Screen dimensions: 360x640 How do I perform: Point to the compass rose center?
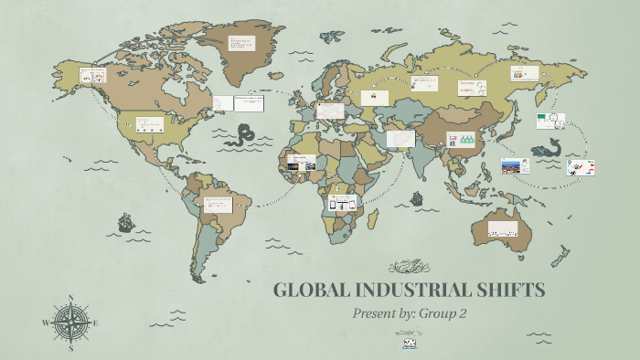[x=71, y=323]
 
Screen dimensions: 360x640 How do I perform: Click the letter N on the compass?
[x=71, y=298]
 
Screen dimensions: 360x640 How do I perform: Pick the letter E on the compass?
[x=96, y=323]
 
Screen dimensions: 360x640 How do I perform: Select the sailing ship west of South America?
[x=124, y=222]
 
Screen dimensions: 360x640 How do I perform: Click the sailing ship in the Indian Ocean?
[x=417, y=197]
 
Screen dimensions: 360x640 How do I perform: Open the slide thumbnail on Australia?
[x=503, y=228]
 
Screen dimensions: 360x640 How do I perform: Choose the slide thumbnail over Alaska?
[x=93, y=75]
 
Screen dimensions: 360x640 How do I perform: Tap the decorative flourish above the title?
[x=409, y=267]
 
